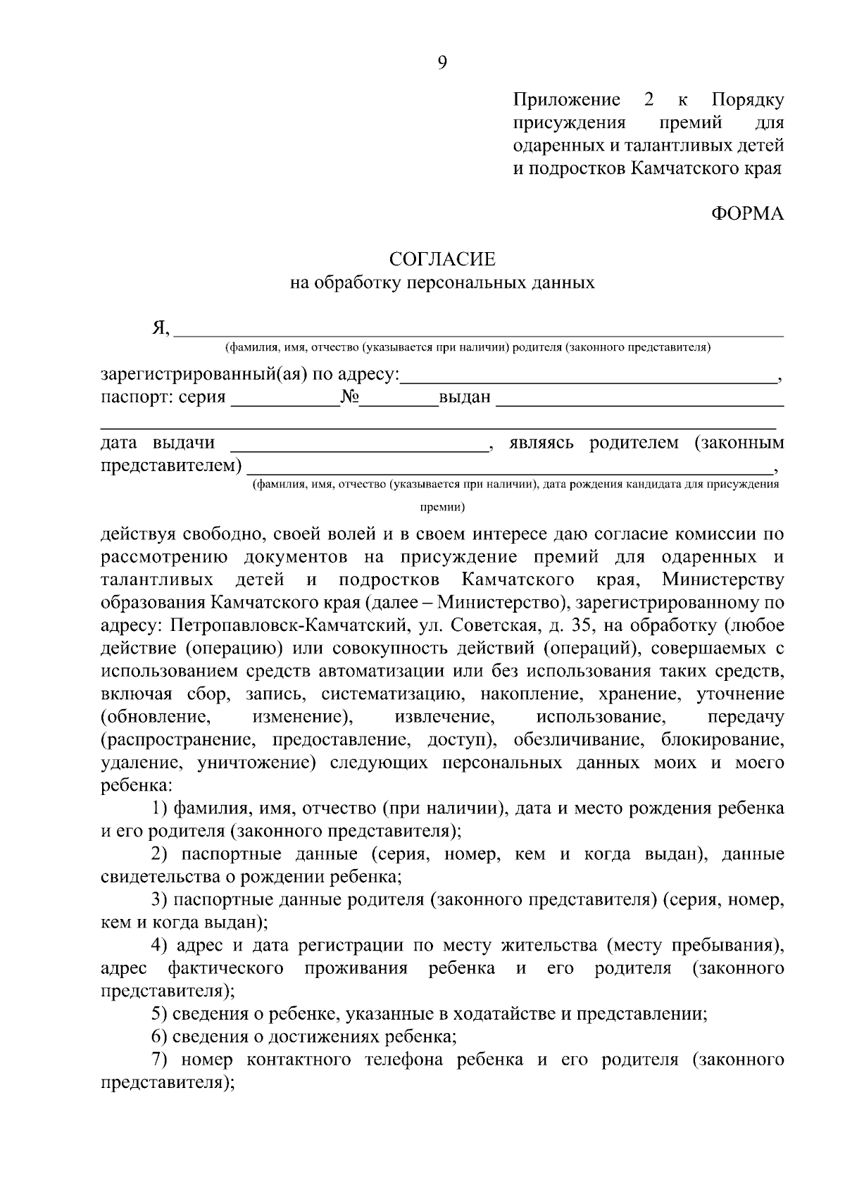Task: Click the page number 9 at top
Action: (x=442, y=63)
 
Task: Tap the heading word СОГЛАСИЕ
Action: (x=442, y=260)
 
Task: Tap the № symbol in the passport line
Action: (x=350, y=397)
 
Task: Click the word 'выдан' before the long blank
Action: (x=465, y=398)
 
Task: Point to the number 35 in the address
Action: (x=586, y=625)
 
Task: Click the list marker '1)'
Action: (x=161, y=808)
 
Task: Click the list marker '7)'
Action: (x=160, y=1060)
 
